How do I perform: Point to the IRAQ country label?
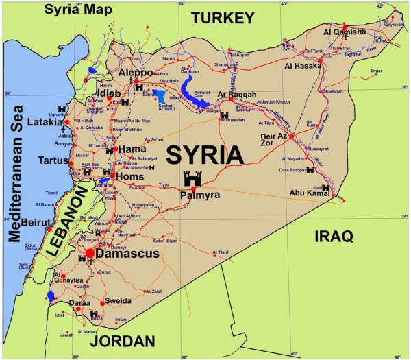[334, 237]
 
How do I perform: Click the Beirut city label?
[36, 223]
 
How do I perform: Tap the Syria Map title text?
[68, 9]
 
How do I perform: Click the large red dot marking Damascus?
[90, 253]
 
